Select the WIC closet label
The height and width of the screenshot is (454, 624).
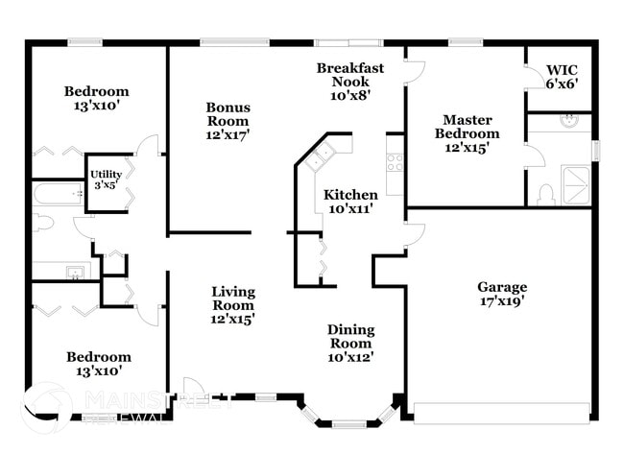coord(562,77)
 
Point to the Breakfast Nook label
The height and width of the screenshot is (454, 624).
coord(350,81)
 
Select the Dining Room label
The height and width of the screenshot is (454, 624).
coord(350,343)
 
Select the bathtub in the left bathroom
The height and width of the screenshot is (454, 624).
coord(59,195)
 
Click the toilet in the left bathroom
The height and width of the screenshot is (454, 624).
coord(41,224)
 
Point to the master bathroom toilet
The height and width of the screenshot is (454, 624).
coord(546,195)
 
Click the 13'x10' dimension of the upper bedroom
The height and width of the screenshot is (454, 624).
coord(96,106)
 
